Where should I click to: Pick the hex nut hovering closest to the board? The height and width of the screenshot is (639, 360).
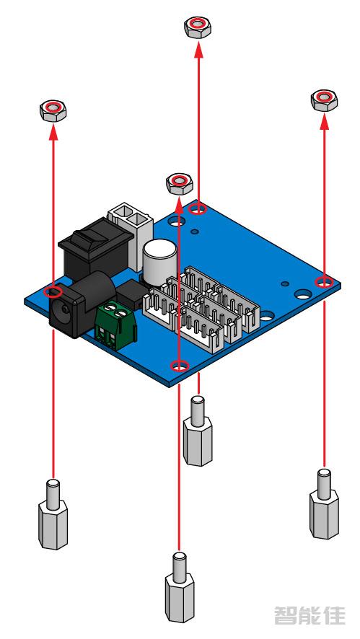click(x=179, y=182)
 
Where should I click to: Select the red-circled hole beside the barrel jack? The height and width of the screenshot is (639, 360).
click(x=52, y=292)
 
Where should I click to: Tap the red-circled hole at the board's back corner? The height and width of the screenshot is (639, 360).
click(x=198, y=209)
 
